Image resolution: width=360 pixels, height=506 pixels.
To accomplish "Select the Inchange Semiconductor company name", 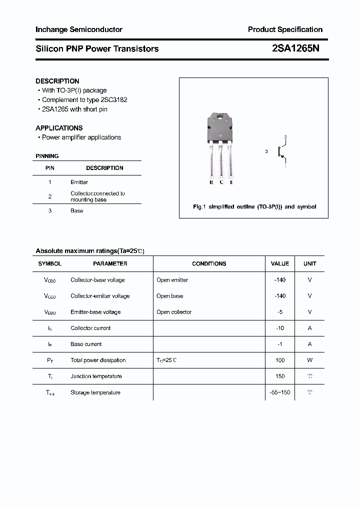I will [x=79, y=29].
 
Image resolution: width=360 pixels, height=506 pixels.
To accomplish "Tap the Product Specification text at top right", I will [x=285, y=29].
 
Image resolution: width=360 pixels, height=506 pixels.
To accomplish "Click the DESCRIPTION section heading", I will [x=57, y=81].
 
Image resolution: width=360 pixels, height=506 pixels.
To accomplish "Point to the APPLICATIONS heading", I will [x=59, y=128].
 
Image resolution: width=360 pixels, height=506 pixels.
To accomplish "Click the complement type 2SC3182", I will [x=114, y=100].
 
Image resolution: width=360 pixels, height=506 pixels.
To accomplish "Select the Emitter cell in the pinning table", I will [x=79, y=182].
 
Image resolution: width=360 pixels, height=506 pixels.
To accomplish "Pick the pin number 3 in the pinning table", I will [x=50, y=211].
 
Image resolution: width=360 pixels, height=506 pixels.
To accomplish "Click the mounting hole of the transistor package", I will [x=220, y=118].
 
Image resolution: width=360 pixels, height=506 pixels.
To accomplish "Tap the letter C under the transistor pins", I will [x=221, y=182].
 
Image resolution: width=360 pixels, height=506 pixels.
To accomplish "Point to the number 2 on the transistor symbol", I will [x=285, y=136].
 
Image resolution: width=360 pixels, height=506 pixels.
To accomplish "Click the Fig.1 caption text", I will [x=254, y=206].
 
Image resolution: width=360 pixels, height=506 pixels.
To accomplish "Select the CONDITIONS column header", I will [x=209, y=263].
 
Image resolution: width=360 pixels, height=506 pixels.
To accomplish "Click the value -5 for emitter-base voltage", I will [x=279, y=312].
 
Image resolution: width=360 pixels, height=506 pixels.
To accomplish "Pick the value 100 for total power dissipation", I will [x=280, y=360].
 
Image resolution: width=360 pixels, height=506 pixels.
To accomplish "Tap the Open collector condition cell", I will [x=174, y=312].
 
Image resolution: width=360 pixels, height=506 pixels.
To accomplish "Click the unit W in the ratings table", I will [x=310, y=360].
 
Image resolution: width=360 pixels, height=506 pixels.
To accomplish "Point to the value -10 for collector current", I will [x=280, y=328].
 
